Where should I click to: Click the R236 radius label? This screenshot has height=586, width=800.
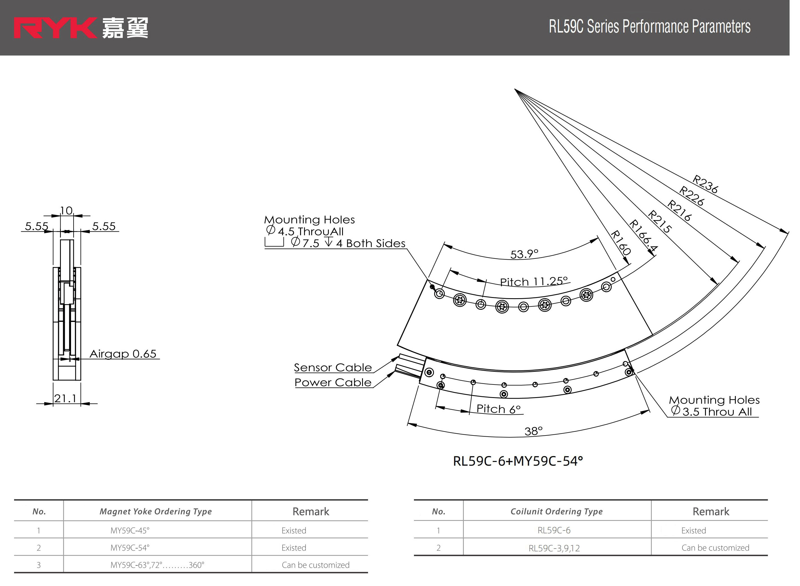point(705,184)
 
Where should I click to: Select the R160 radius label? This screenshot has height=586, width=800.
point(621,243)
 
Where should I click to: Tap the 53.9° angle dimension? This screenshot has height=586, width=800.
point(524,254)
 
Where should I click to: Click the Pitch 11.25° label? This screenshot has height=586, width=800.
point(534,282)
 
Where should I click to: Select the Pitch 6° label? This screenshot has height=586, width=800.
point(498,409)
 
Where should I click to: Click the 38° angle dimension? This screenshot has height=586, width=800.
point(533,431)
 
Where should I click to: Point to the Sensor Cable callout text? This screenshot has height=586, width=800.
point(333,368)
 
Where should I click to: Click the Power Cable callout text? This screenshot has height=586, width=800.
point(333,382)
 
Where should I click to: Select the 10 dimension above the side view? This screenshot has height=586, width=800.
point(66,211)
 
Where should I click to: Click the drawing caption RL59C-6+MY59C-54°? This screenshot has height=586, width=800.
point(518,461)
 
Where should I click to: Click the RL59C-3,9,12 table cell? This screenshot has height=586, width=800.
point(554,548)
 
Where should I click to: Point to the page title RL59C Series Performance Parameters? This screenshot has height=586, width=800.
point(649,26)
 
